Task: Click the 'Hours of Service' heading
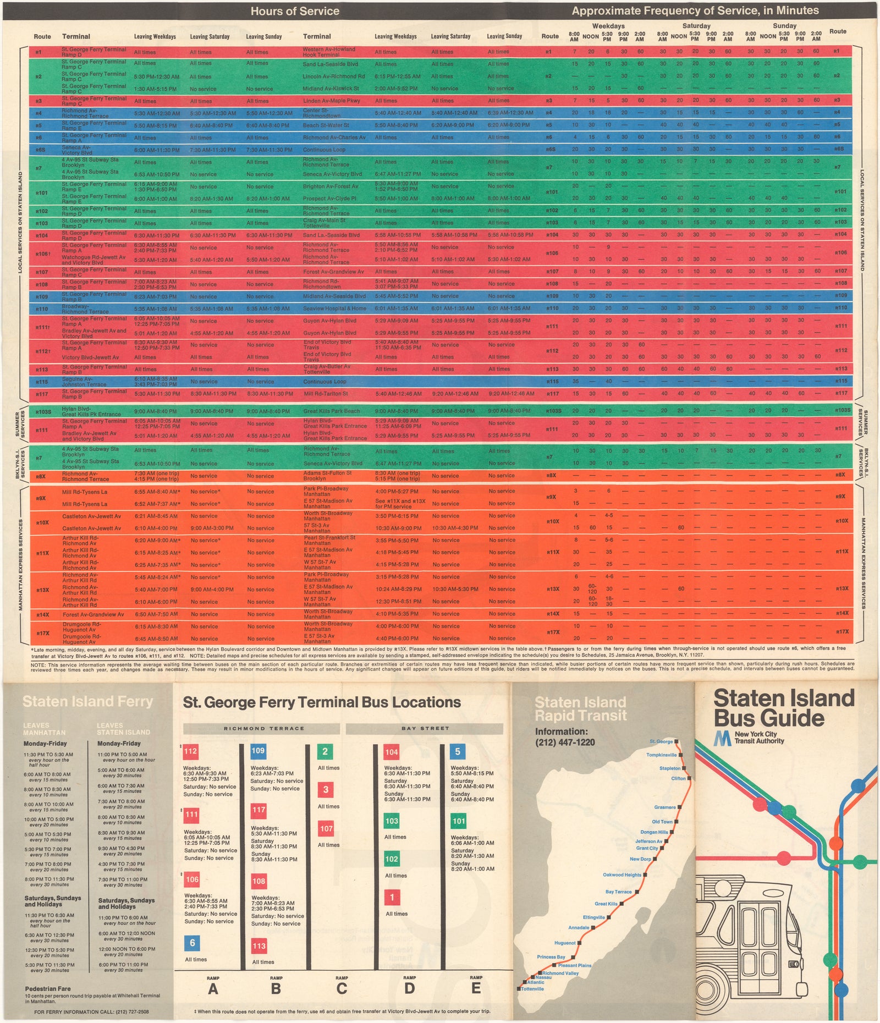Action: pos(295,11)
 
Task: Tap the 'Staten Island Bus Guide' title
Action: pos(783,708)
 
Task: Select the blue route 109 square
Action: pos(258,751)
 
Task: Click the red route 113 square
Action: pos(259,946)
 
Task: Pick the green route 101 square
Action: pos(458,822)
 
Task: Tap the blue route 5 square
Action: pos(458,751)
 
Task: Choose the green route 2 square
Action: pos(324,752)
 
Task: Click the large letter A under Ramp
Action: pos(213,989)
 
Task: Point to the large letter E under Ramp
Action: pos(476,988)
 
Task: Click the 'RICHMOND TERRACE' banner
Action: pos(263,729)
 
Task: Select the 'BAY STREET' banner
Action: pos(425,729)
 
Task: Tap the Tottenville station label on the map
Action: pos(532,989)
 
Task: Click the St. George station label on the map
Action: pos(661,741)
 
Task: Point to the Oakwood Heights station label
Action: pos(622,875)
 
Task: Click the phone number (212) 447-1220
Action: pos(565,743)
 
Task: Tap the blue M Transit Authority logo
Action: pos(722,738)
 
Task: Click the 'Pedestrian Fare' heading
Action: pos(48,988)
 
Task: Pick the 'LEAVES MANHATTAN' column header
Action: pos(44,729)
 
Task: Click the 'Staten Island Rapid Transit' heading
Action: pos(580,709)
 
